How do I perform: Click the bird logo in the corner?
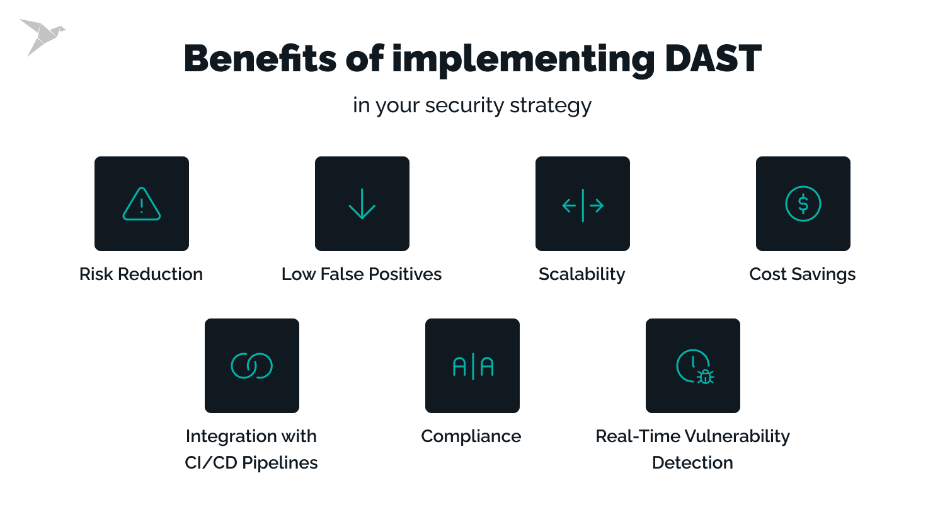click(42, 36)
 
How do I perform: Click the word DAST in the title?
click(713, 59)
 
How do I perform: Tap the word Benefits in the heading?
click(260, 59)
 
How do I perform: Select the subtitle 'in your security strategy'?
click(472, 105)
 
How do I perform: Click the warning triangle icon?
click(142, 204)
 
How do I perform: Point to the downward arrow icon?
click(362, 204)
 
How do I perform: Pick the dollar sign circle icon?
click(803, 204)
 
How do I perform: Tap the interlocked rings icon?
click(252, 366)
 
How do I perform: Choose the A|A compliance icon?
click(472, 366)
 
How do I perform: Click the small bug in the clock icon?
click(705, 377)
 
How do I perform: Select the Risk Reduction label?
click(141, 274)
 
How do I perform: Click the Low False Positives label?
click(362, 274)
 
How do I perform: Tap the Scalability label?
click(582, 274)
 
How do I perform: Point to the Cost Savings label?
click(803, 274)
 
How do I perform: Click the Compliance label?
click(471, 436)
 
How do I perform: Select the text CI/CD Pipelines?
click(251, 463)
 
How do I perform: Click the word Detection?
click(692, 463)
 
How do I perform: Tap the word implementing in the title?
click(524, 59)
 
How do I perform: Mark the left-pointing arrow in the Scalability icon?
click(570, 206)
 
